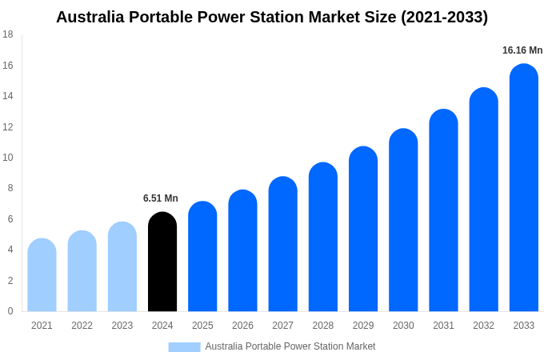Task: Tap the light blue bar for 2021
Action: click(42, 275)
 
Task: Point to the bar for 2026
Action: click(242, 251)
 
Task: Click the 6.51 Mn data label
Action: click(161, 198)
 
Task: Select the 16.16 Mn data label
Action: click(522, 50)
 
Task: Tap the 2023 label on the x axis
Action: click(122, 326)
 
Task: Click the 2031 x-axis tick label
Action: click(443, 326)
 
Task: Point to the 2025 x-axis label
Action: click(202, 326)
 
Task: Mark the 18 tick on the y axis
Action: click(8, 34)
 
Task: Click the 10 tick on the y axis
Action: click(8, 158)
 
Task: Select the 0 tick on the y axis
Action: click(10, 311)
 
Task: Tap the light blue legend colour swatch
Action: click(184, 347)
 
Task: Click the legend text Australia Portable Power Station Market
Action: click(290, 346)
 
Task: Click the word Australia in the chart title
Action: click(92, 17)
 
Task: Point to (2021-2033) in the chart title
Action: click(444, 17)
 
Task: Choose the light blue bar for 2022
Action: click(82, 271)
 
